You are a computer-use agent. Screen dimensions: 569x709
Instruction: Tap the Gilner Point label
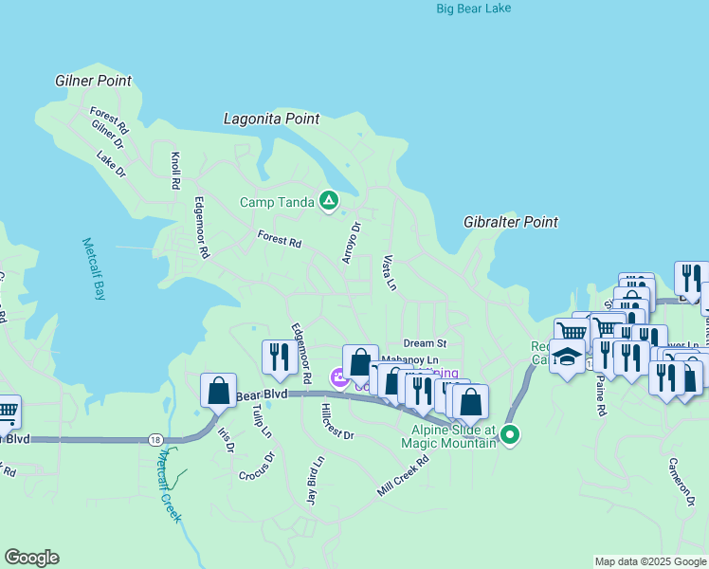click(93, 82)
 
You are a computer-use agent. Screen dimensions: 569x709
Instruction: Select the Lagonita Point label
click(271, 119)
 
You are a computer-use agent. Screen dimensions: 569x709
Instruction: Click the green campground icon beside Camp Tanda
click(328, 200)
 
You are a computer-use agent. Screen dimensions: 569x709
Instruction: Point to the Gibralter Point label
click(510, 222)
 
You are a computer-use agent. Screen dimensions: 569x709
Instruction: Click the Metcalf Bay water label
click(94, 268)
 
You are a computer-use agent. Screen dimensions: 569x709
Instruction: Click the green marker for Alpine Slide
click(510, 435)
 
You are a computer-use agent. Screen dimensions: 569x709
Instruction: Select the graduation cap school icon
click(567, 357)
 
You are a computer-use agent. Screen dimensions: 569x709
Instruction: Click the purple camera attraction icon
click(338, 379)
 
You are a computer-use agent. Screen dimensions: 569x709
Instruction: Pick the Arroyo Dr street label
click(352, 243)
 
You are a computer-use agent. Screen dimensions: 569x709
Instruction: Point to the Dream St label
click(424, 343)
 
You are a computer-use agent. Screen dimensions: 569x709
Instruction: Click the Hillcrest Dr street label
click(336, 421)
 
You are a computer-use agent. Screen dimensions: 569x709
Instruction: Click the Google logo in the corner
click(31, 558)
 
